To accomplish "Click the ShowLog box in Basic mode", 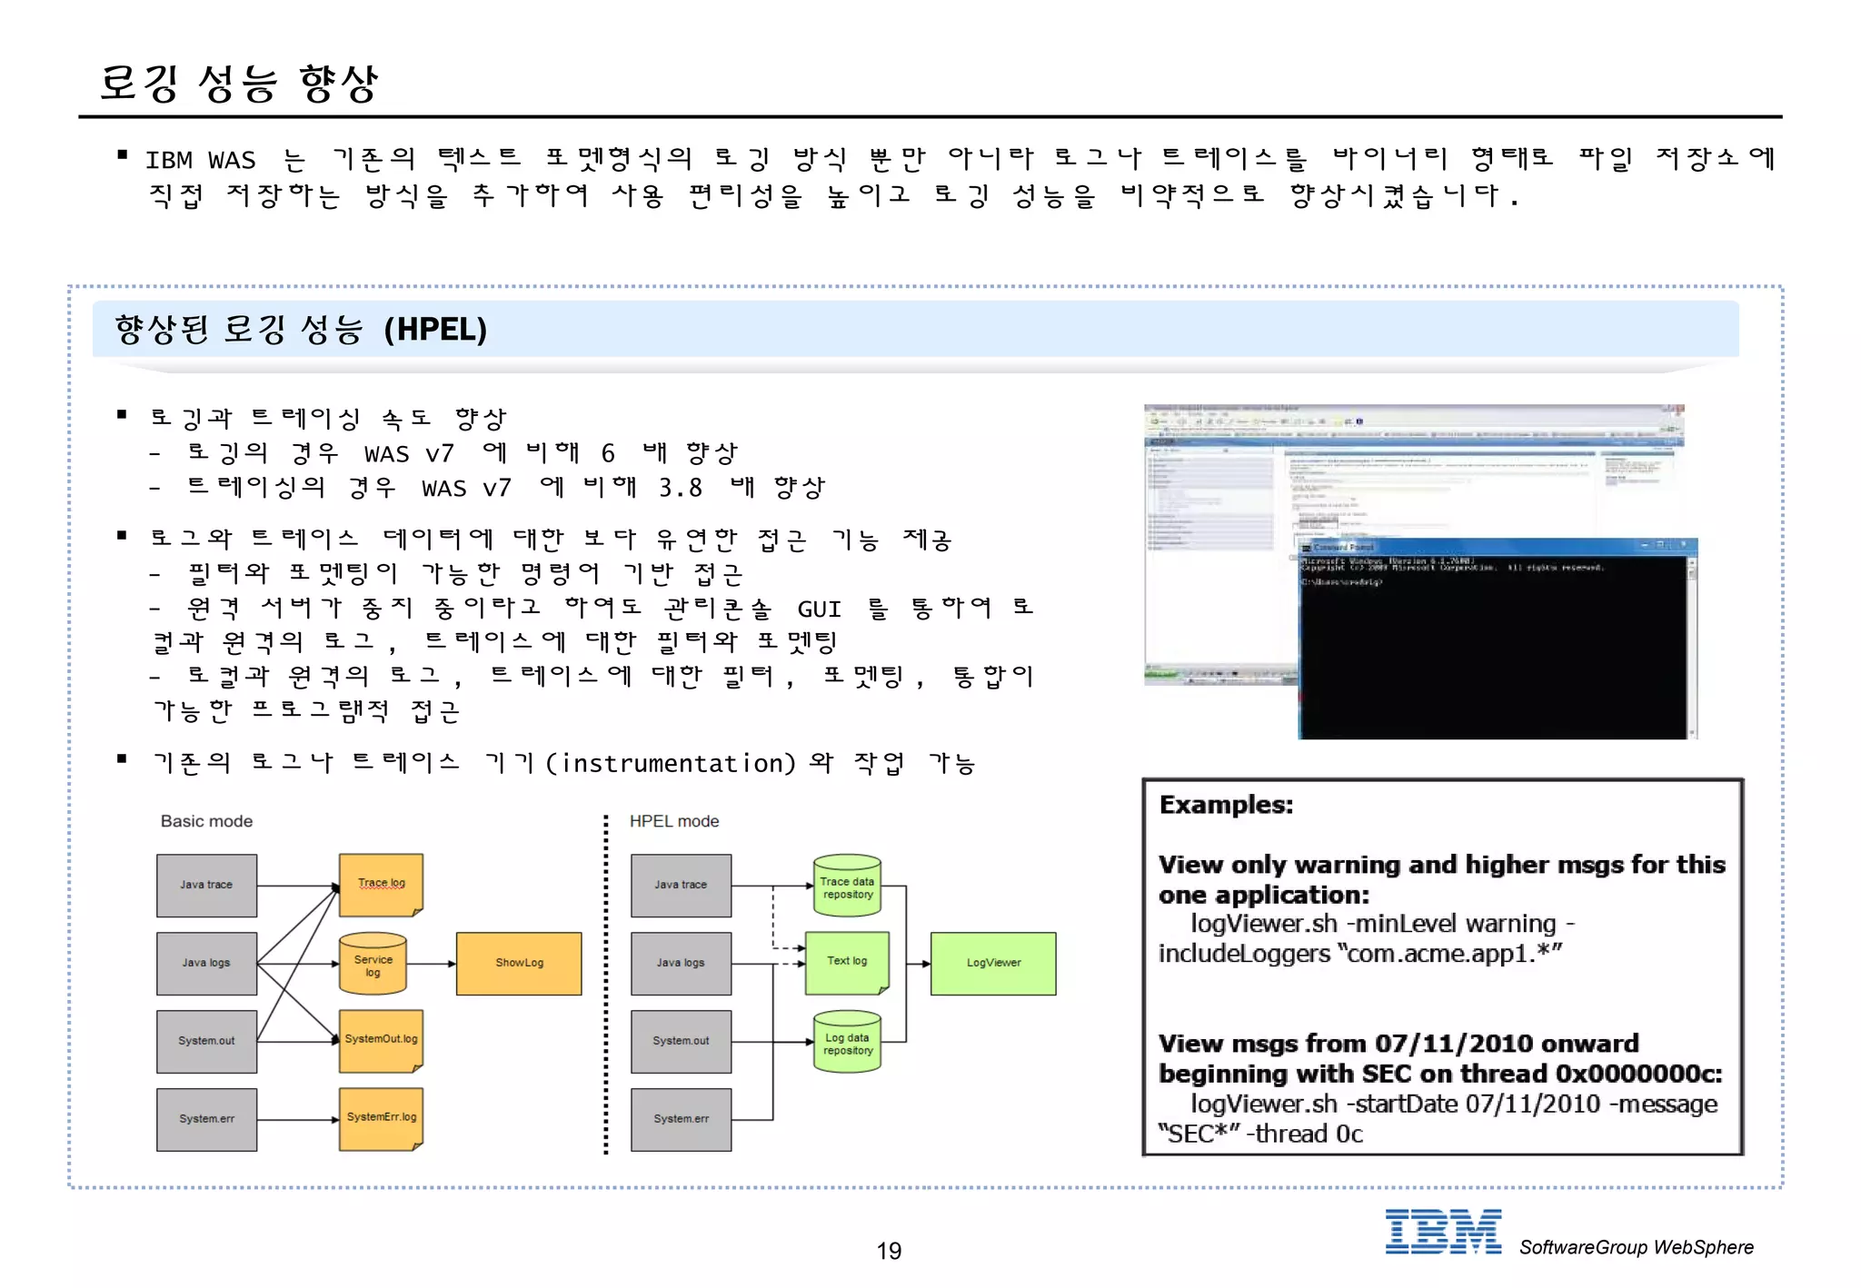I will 519,963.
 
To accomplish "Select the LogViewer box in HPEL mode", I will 993,963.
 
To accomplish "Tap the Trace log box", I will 381,884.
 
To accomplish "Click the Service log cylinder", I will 373,965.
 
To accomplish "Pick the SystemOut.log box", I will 381,1040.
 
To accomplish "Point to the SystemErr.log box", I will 381,1118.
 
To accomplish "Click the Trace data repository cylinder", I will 847,887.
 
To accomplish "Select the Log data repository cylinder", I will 847,1043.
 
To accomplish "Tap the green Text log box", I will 846,962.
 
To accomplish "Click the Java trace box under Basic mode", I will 206,885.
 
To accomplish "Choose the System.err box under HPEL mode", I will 681,1119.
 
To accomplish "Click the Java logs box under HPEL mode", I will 681,963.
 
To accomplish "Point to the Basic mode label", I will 206,821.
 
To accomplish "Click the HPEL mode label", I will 674,821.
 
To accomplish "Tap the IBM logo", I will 1443,1232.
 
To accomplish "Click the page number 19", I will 889,1251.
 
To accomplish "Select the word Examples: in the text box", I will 1226,805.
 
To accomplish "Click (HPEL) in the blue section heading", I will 435,329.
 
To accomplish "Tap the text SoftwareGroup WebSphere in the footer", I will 1636,1247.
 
